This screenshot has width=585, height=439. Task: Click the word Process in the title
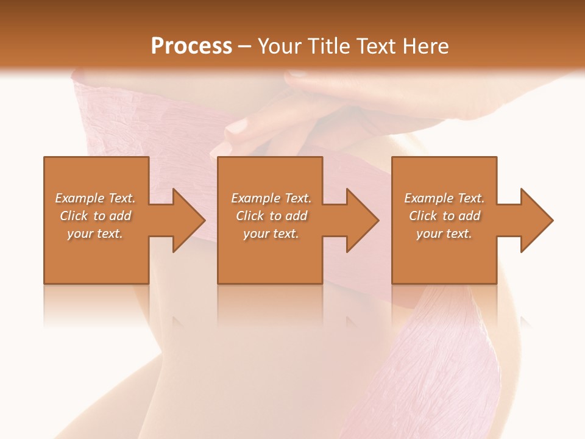point(191,46)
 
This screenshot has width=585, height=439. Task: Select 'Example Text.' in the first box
point(95,198)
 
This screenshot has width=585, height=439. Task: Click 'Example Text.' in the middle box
point(271,198)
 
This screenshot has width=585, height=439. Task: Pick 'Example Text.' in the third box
point(444,198)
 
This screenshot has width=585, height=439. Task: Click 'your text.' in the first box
point(95,234)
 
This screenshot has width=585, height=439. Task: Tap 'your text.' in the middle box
point(271,234)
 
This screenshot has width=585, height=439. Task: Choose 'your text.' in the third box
point(444,234)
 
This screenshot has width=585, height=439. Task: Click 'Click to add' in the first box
point(95,216)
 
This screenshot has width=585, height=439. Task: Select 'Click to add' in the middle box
point(271,216)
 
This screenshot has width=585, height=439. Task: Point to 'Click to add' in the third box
point(444,216)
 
